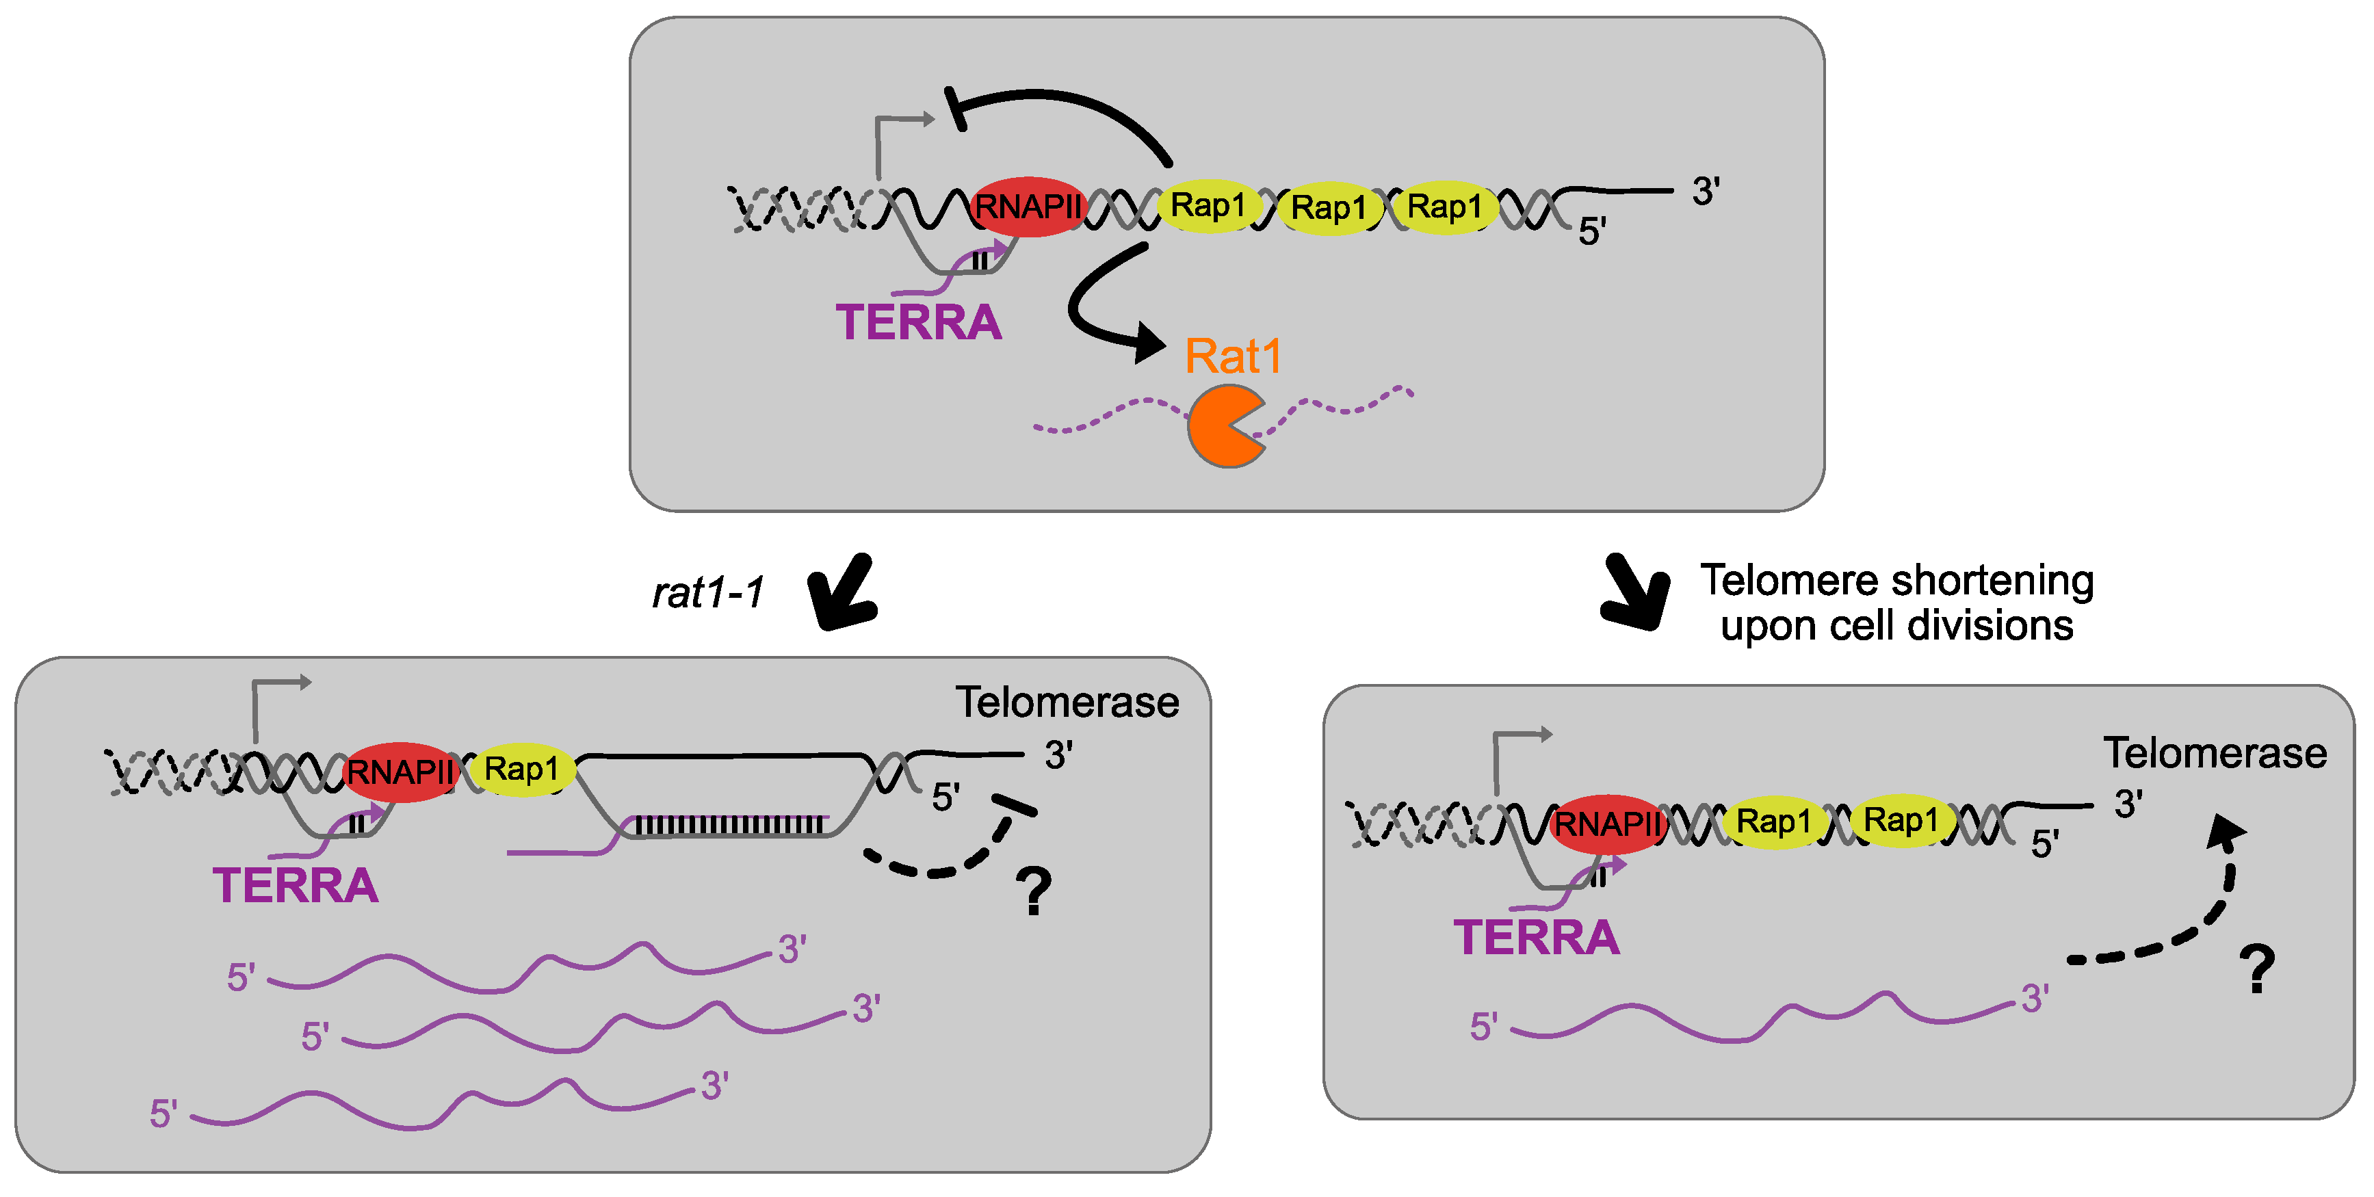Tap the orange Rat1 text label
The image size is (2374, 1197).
tap(1233, 356)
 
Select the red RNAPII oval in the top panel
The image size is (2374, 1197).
tap(1027, 207)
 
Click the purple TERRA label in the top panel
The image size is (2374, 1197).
tap(918, 323)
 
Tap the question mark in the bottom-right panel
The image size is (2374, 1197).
tap(2257, 969)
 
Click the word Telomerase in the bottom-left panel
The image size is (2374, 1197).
tap(1067, 702)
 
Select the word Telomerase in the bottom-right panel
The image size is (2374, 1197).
tap(2214, 753)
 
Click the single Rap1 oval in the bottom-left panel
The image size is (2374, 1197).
tap(521, 769)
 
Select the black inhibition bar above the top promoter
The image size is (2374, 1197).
tap(956, 109)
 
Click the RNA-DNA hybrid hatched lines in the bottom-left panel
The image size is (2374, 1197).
tap(728, 824)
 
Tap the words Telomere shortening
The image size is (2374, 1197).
tap(1896, 581)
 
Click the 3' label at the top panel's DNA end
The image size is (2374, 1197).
tap(1705, 192)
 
